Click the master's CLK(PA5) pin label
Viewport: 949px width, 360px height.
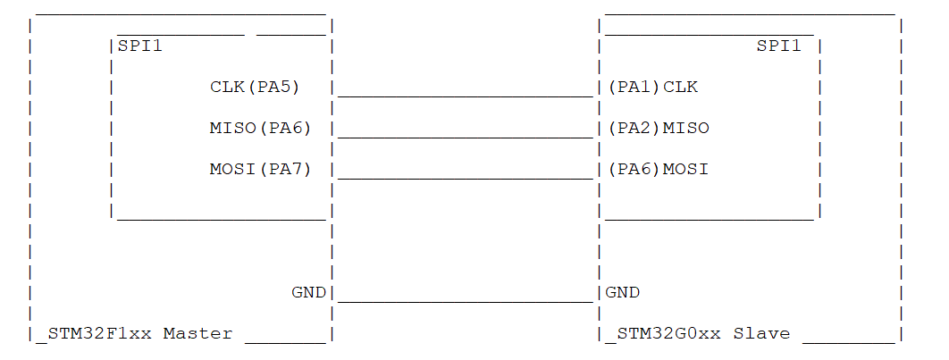255,88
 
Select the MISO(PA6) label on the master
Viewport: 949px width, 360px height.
260,128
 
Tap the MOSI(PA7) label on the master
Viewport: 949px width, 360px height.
260,169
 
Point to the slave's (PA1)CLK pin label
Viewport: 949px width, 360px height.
652,88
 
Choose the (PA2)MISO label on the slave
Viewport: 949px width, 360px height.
658,128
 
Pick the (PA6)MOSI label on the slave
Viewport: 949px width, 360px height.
658,169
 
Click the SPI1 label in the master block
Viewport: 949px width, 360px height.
140,46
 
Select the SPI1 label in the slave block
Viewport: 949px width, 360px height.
779,46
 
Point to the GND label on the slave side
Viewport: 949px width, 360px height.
622,292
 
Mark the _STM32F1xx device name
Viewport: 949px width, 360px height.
94,333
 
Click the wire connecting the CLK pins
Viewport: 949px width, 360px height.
465,96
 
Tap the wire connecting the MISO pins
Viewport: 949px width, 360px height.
465,138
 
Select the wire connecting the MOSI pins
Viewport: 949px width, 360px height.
465,179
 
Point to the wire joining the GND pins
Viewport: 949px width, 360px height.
465,302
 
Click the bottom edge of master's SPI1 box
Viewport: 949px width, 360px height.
221,219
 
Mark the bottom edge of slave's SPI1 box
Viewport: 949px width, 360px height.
710,219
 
